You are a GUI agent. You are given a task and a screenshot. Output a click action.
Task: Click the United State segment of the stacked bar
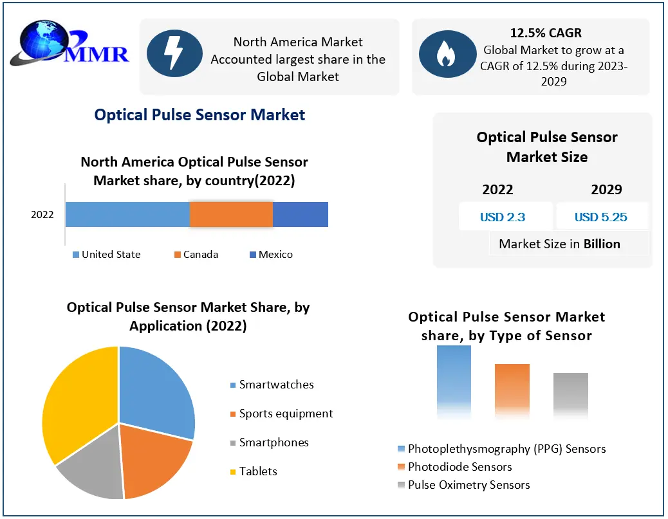click(x=127, y=214)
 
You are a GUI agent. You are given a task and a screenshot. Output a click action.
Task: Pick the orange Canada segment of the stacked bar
click(x=231, y=214)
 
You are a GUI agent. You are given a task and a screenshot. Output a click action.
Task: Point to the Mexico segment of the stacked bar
click(x=301, y=214)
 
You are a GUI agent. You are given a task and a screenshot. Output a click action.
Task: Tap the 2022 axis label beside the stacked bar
click(x=42, y=215)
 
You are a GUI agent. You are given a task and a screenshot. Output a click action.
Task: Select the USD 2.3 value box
click(x=503, y=217)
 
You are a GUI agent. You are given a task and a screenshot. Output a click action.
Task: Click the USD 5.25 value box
click(x=601, y=217)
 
